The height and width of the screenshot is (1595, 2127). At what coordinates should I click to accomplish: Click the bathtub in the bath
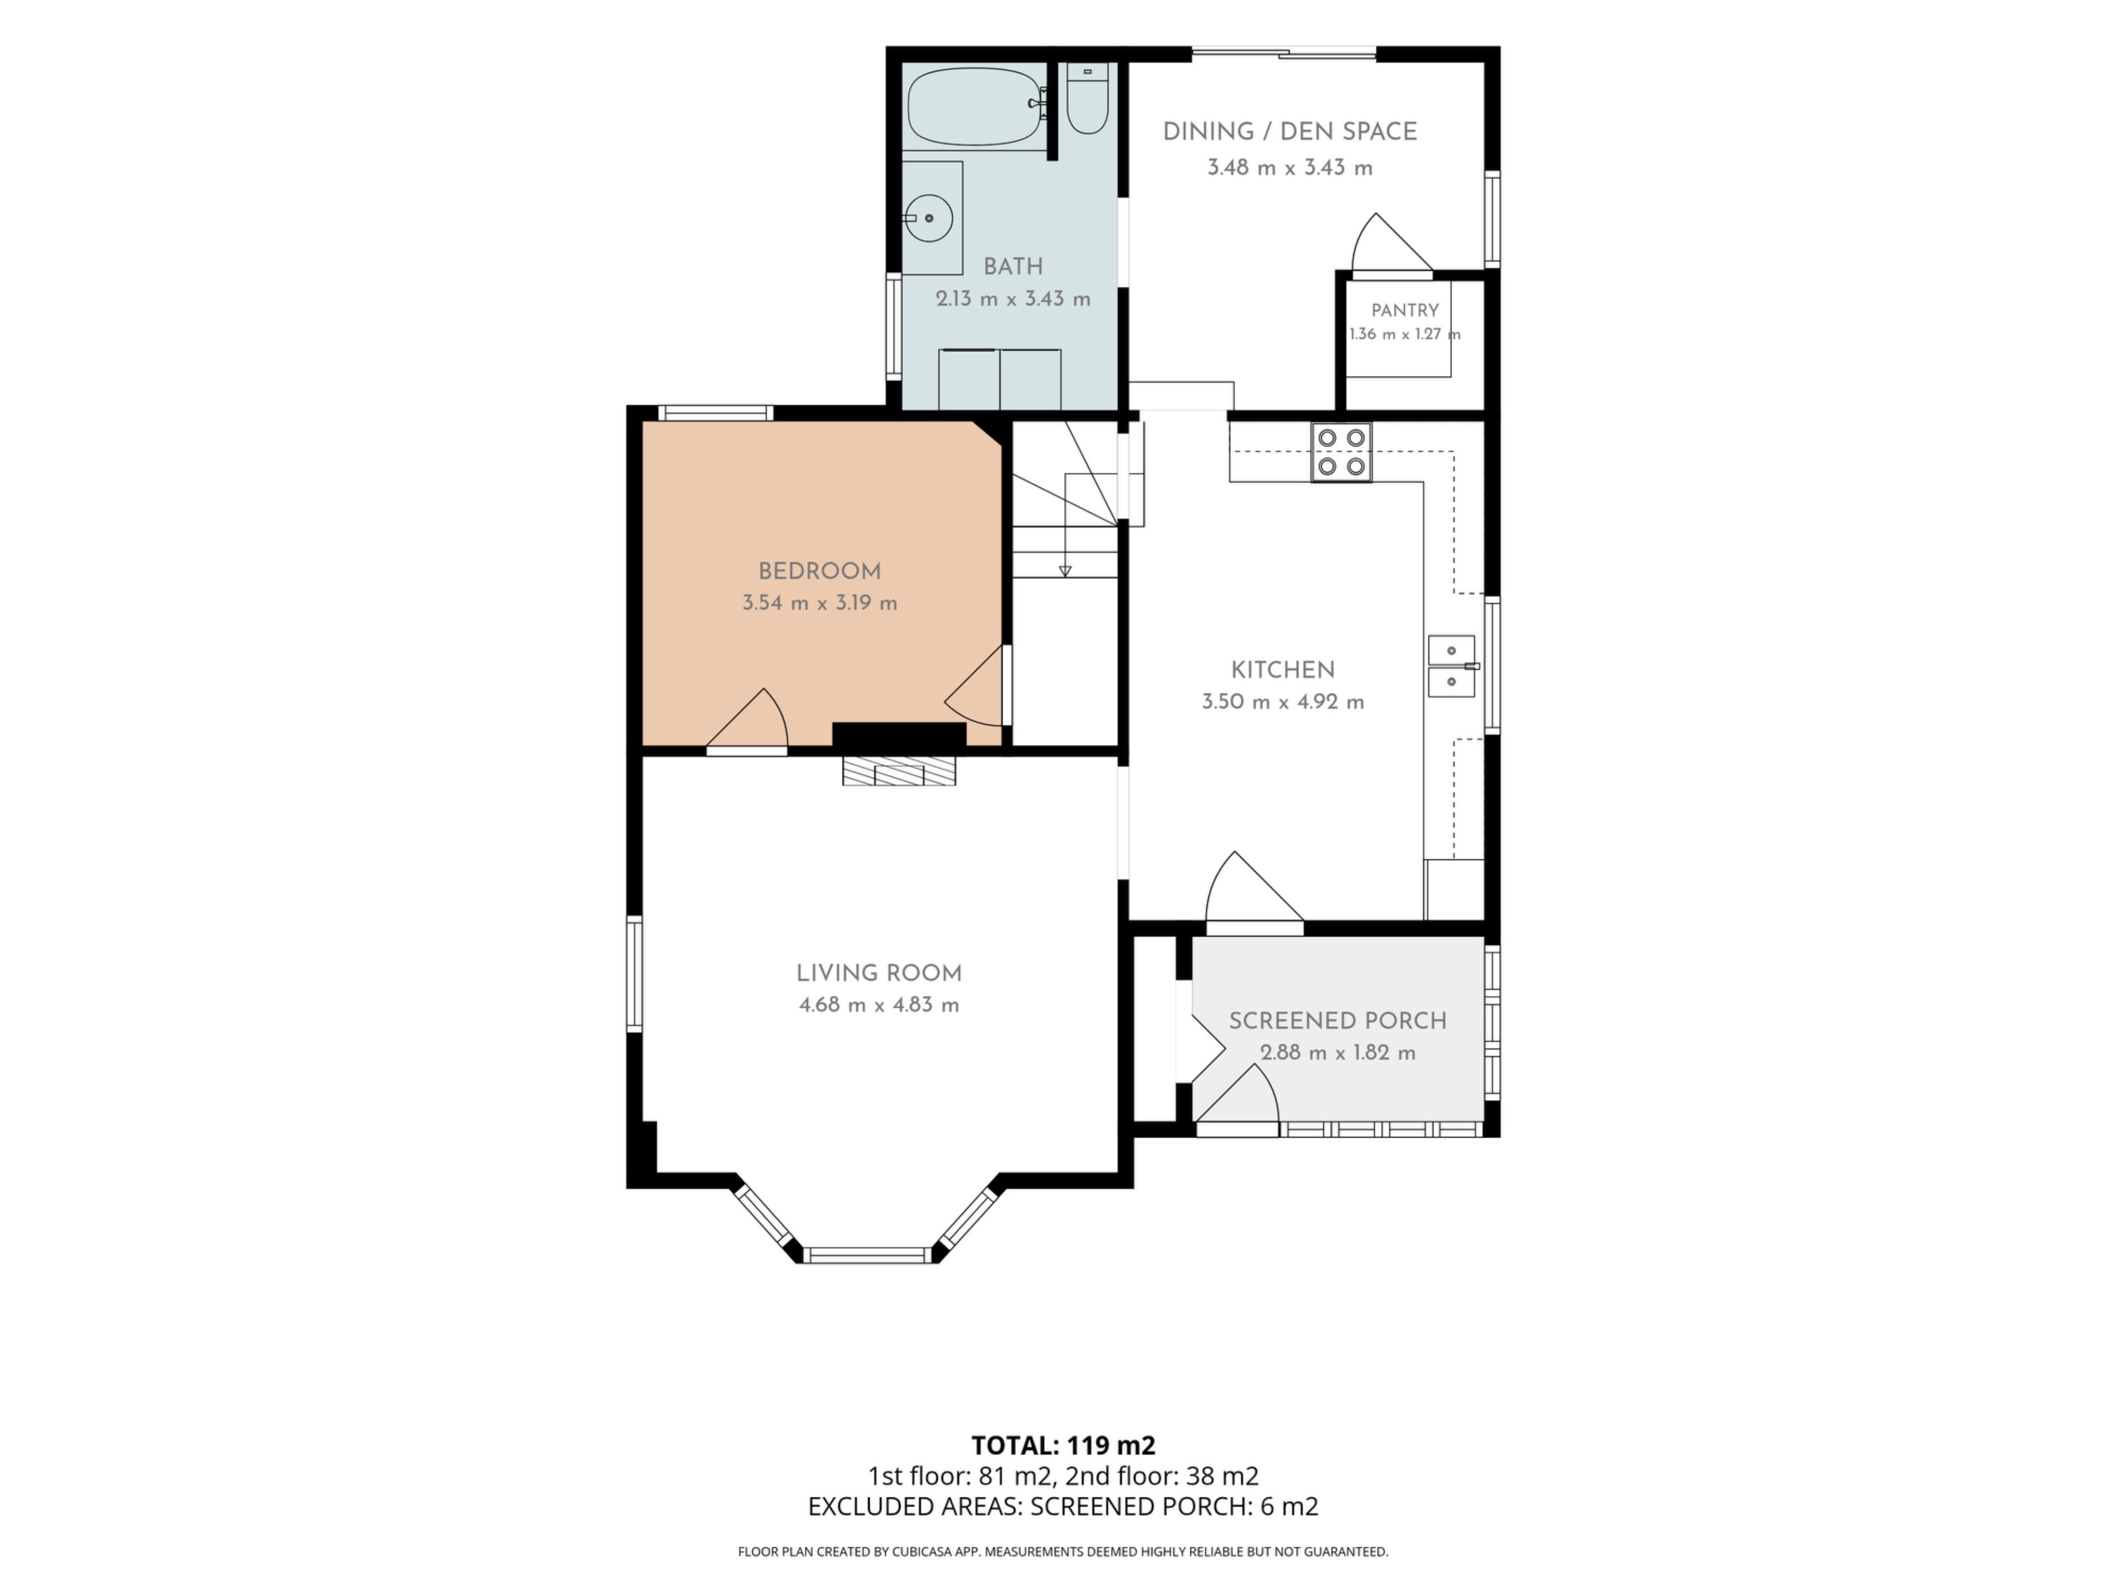976,107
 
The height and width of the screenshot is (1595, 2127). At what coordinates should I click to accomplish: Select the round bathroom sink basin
929,218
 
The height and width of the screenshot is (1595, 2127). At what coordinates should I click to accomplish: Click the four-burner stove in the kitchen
1342,452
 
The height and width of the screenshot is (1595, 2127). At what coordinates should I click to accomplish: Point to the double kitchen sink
1452,665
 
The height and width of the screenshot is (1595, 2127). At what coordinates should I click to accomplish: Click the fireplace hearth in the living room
899,770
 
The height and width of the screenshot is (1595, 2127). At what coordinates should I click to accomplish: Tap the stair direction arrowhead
1065,571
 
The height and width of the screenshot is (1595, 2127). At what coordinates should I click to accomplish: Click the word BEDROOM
819,571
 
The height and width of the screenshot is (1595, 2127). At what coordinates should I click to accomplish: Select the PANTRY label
1405,311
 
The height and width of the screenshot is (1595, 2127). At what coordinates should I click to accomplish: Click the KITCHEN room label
1283,670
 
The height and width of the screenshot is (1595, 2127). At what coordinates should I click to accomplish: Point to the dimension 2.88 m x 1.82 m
1338,1052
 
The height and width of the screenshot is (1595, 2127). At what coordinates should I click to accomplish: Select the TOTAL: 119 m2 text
1063,1445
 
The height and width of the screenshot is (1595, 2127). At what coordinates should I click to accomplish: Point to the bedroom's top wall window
716,413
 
